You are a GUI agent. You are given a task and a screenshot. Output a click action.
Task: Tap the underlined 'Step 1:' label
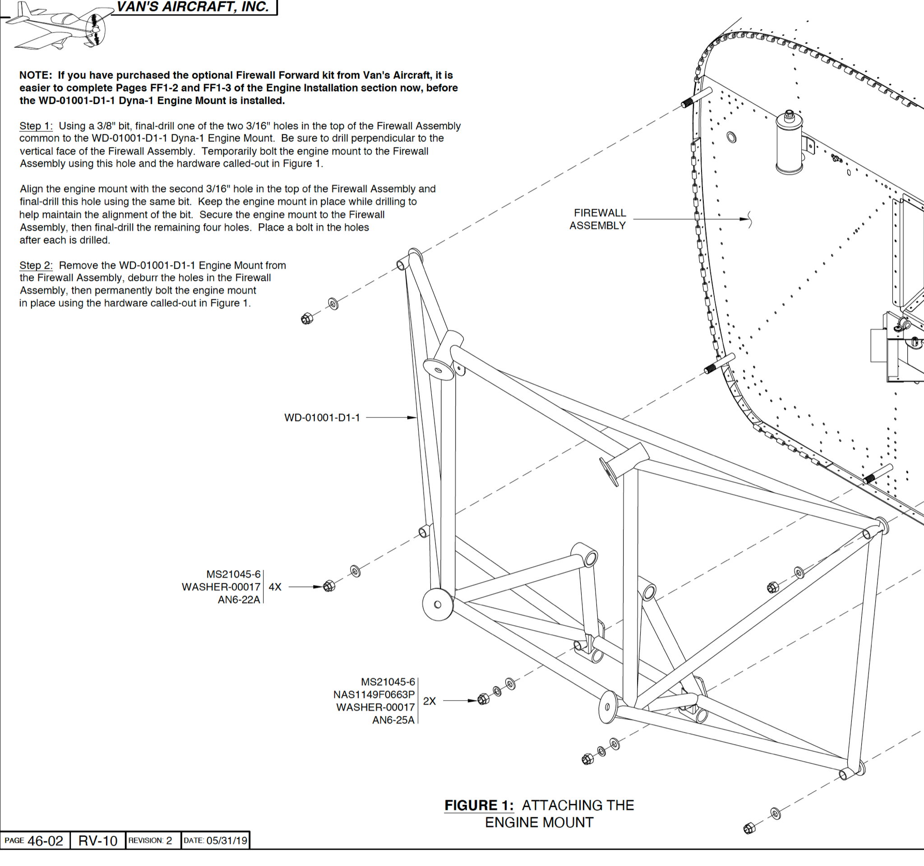point(36,126)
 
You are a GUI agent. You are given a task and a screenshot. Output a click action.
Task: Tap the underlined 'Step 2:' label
point(36,265)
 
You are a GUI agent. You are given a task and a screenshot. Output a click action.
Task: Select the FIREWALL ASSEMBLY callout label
point(598,219)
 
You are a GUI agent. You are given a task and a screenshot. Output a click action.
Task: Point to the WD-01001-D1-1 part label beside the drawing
point(322,418)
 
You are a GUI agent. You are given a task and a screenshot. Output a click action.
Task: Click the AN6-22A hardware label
point(239,600)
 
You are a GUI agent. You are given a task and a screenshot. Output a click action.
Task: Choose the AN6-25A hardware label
point(393,720)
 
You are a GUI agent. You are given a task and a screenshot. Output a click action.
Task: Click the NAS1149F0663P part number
point(374,695)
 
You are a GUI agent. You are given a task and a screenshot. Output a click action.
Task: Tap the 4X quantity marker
point(275,587)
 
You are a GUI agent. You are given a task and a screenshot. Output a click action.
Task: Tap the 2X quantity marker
point(430,701)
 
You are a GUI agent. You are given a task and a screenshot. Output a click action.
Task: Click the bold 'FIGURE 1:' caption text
point(479,805)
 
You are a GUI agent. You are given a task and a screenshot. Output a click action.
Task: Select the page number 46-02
point(45,841)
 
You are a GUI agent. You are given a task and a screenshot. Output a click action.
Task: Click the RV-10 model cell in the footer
point(97,841)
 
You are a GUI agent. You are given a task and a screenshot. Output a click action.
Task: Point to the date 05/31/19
point(226,841)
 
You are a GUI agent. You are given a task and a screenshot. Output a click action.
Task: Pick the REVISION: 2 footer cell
point(150,841)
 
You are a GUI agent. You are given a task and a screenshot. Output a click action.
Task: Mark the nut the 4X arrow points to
point(329,586)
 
